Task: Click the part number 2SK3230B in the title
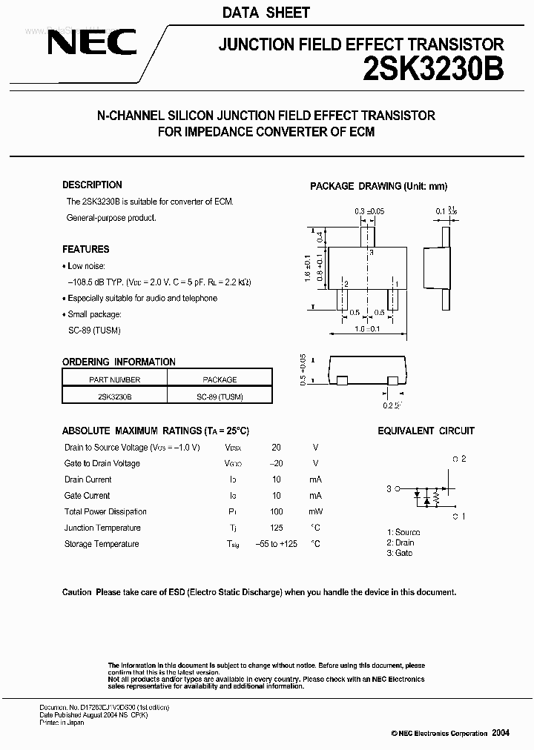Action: click(x=434, y=70)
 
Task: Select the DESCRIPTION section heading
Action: click(x=92, y=185)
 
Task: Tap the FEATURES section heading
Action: click(x=85, y=250)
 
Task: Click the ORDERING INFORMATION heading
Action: click(x=119, y=362)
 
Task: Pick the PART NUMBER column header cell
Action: click(x=114, y=379)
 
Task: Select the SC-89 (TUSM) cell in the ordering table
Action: click(x=220, y=396)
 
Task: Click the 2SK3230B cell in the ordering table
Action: click(x=114, y=396)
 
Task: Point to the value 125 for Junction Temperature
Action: click(x=276, y=528)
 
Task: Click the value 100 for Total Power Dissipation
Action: click(x=276, y=511)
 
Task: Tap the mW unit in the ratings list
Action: click(x=315, y=511)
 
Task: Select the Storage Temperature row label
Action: click(x=102, y=544)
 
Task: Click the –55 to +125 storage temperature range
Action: click(x=276, y=544)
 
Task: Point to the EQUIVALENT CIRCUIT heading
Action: click(x=426, y=431)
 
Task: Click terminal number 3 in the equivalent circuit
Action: click(x=389, y=488)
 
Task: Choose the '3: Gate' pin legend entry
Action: click(x=400, y=553)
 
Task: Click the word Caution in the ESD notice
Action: click(x=77, y=592)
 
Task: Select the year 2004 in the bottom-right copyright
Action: click(x=501, y=732)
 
